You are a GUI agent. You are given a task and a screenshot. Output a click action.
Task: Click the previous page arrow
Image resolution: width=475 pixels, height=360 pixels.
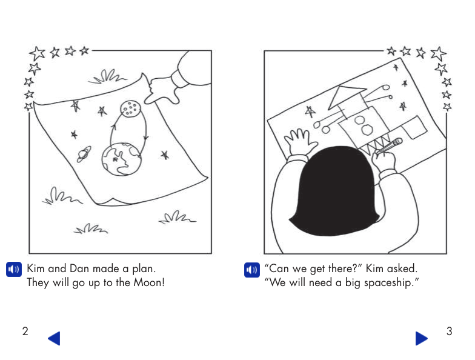54,338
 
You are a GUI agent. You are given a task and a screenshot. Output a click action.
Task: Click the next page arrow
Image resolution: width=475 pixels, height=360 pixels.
421,338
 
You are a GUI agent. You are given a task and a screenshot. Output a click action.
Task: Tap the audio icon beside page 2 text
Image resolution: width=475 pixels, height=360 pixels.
13,269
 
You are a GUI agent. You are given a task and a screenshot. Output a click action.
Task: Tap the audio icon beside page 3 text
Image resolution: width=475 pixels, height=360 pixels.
251,269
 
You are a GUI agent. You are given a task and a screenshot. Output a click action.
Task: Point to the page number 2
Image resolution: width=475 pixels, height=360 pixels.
25,331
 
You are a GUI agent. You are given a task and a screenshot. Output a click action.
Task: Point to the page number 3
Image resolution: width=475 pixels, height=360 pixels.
449,331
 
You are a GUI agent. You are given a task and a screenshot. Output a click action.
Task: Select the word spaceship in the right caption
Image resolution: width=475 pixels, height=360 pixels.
389,283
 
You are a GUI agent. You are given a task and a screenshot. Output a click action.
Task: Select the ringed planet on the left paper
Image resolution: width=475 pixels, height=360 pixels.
84,155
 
